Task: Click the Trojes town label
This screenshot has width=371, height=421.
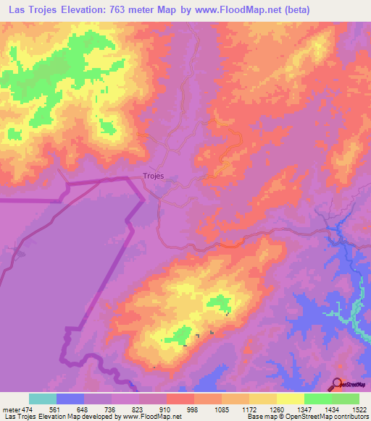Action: point(149,176)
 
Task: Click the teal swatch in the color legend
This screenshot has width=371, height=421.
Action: point(43,399)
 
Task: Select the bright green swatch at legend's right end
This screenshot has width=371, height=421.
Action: point(346,399)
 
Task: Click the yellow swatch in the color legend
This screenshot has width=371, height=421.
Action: point(291,399)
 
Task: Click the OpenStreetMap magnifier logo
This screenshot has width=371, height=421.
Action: point(336,385)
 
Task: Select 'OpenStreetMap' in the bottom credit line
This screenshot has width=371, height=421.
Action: point(307,417)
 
